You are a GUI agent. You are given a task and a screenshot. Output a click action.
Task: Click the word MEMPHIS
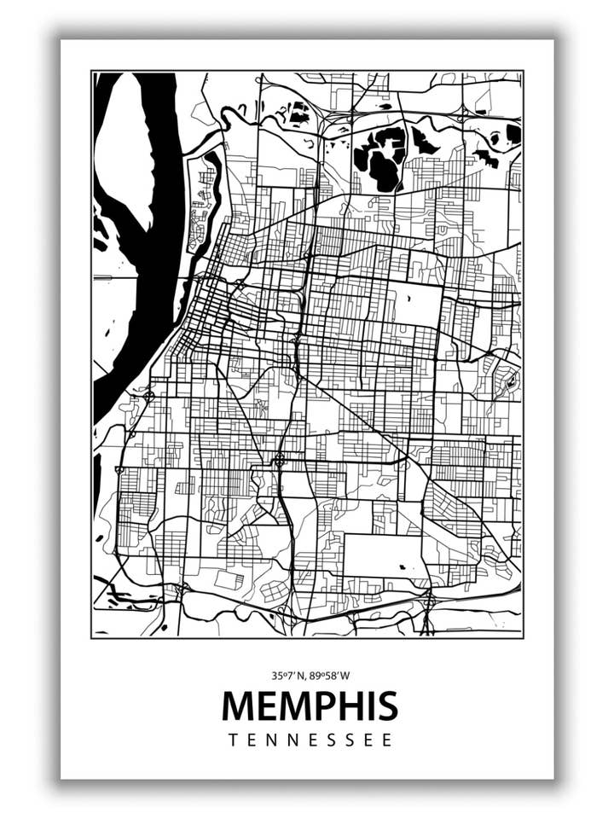[310, 706]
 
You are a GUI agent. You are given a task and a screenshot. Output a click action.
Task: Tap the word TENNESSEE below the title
[310, 740]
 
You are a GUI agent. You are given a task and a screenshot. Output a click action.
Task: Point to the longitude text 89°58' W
[331, 676]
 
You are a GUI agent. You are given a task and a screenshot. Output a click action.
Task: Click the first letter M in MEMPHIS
[239, 706]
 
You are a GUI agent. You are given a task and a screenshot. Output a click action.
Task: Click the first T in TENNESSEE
[233, 740]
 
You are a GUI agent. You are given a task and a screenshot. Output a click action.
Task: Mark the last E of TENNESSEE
[387, 740]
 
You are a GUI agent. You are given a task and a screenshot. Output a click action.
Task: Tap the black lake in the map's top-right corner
[513, 133]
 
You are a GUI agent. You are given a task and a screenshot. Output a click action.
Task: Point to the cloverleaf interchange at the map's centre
[279, 461]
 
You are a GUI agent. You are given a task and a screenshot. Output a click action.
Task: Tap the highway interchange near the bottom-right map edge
[429, 601]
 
